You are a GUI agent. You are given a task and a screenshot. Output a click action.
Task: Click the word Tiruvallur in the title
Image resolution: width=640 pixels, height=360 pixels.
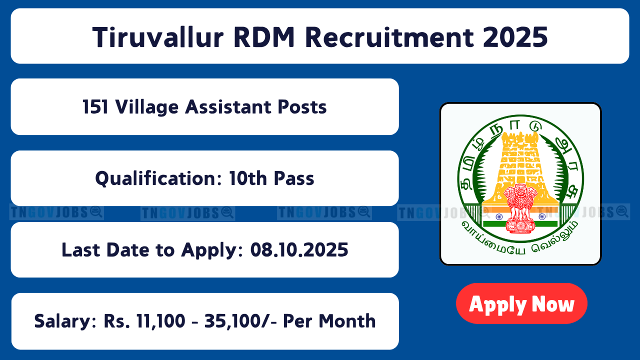pyautogui.click(x=158, y=37)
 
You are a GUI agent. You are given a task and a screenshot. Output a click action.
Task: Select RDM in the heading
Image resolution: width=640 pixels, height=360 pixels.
pyautogui.click(x=264, y=37)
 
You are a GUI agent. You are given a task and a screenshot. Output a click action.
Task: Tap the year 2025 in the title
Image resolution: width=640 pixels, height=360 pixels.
pyautogui.click(x=515, y=37)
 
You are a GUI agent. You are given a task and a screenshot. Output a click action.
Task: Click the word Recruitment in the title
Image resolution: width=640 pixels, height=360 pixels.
pyautogui.click(x=389, y=37)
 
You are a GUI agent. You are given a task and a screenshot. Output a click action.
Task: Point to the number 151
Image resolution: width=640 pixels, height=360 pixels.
pyautogui.click(x=95, y=107)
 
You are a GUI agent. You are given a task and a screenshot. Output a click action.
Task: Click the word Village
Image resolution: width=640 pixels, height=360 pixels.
pyautogui.click(x=147, y=107)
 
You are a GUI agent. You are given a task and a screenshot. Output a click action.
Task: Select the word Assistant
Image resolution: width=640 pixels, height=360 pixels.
pyautogui.click(x=227, y=107)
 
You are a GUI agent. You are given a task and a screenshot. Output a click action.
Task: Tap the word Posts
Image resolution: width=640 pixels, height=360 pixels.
pyautogui.click(x=302, y=107)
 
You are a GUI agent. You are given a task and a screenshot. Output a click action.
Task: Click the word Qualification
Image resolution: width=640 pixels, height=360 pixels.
pyautogui.click(x=158, y=178)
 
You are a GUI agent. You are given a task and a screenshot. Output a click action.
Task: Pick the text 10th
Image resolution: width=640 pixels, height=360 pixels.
pyautogui.click(x=248, y=178)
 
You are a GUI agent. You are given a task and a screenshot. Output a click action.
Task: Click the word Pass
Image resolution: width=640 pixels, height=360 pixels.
pyautogui.click(x=294, y=178)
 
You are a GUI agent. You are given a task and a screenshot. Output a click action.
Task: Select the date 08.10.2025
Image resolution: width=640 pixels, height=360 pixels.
pyautogui.click(x=299, y=250)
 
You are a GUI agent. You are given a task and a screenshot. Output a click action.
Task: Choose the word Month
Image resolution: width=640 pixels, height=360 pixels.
pyautogui.click(x=347, y=321)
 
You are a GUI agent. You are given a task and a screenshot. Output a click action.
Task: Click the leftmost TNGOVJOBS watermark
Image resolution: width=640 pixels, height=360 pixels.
pyautogui.click(x=56, y=213)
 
